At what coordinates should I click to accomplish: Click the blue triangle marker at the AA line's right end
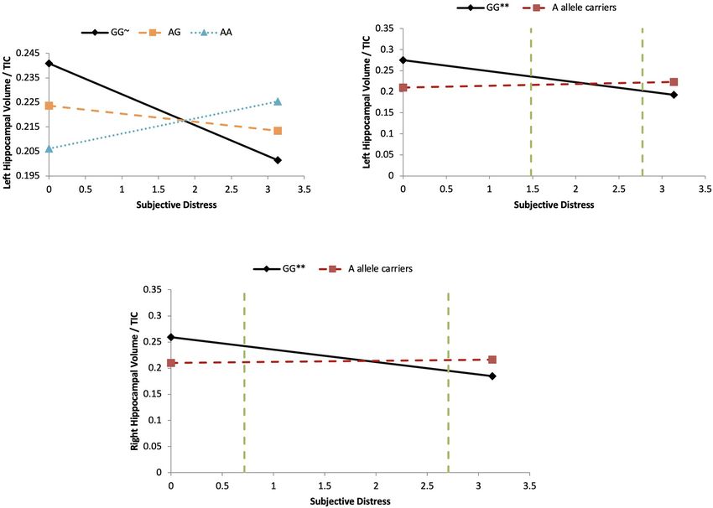coord(278,101)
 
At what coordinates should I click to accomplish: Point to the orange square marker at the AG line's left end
coord(49,106)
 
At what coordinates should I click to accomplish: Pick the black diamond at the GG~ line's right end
coord(278,160)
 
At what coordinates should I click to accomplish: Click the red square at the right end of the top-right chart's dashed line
coord(674,82)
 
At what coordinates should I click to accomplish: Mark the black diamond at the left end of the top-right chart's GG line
coord(403,60)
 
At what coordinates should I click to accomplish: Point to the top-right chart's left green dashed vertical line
coord(531,101)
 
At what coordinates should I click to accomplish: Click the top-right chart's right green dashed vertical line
coord(642,101)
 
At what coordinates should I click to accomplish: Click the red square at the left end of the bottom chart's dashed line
coord(171,363)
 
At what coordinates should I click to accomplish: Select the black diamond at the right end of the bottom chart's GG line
coord(492,376)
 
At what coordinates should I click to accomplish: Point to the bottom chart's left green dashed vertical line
coord(244,381)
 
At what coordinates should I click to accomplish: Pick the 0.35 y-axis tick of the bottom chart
coord(152,289)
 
